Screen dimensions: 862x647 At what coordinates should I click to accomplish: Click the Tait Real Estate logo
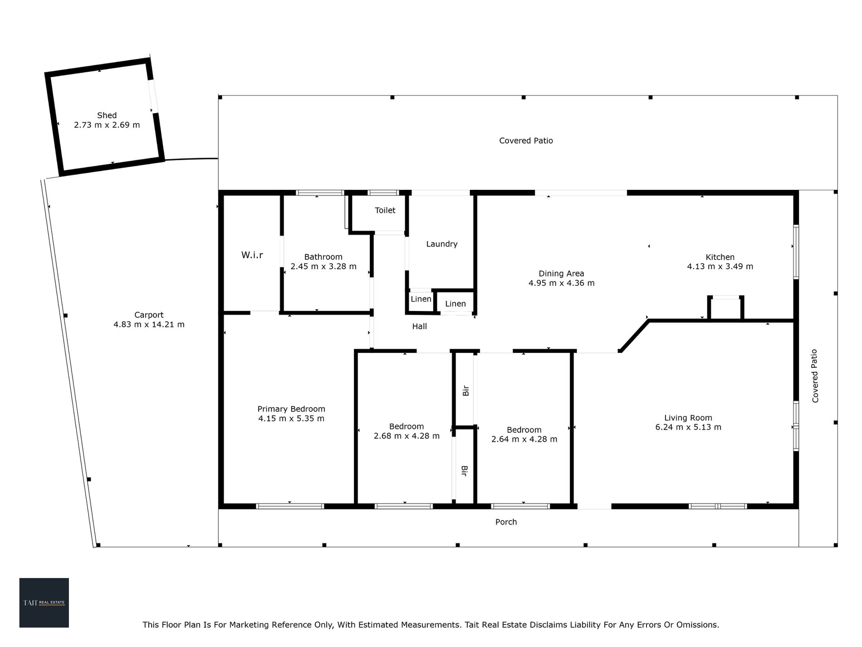44,603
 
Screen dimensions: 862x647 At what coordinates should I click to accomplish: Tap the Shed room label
107,115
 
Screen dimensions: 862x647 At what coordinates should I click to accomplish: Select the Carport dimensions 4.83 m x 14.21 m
149,325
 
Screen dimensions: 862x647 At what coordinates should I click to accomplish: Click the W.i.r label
252,255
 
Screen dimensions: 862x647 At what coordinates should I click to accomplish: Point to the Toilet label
385,210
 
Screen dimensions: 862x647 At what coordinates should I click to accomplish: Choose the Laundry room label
442,244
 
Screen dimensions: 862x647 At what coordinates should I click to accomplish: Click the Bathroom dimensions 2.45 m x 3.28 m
323,267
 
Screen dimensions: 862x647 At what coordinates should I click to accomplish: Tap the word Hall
420,326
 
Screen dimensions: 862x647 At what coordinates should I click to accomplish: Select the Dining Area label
561,273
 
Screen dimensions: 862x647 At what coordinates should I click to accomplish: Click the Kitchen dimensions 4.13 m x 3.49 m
720,267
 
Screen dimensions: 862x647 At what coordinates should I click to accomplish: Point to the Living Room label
688,418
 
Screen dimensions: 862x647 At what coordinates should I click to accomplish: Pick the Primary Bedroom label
291,409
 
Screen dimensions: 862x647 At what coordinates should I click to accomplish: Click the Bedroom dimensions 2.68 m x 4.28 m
407,436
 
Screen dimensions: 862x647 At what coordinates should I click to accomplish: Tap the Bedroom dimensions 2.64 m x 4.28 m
524,439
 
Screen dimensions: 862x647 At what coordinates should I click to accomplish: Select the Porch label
506,522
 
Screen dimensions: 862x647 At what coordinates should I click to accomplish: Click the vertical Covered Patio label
815,375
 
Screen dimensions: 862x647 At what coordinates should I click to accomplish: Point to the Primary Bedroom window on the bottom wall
290,506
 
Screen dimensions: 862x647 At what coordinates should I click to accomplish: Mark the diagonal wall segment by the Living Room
634,336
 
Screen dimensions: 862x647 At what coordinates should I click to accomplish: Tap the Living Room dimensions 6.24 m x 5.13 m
688,427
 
